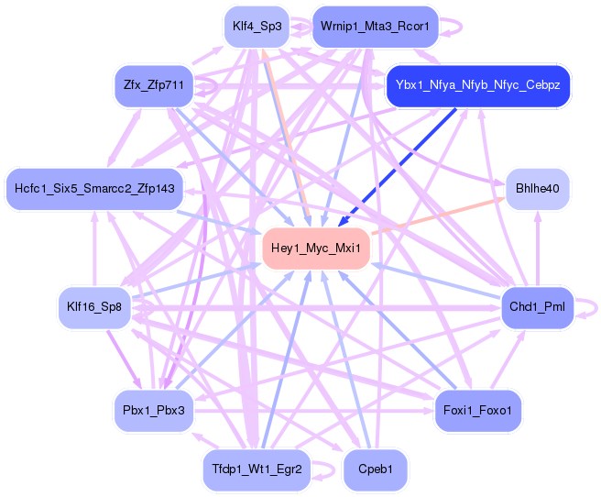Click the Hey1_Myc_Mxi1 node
[x=317, y=248]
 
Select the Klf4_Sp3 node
[x=257, y=27]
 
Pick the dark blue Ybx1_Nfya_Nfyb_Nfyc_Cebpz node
[x=477, y=85]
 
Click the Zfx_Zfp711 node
[x=154, y=85]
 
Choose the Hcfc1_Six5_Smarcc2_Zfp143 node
[x=93, y=189]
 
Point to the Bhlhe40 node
[x=538, y=189]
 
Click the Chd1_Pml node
[x=537, y=306]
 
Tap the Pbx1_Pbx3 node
[x=154, y=409]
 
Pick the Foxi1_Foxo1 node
[x=477, y=409]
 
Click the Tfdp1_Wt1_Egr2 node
[x=257, y=469]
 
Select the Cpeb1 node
[x=375, y=469]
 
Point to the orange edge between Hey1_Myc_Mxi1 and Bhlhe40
[x=440, y=216]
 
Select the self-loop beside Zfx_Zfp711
[x=213, y=85]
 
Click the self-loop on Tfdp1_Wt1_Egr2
[x=329, y=469]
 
